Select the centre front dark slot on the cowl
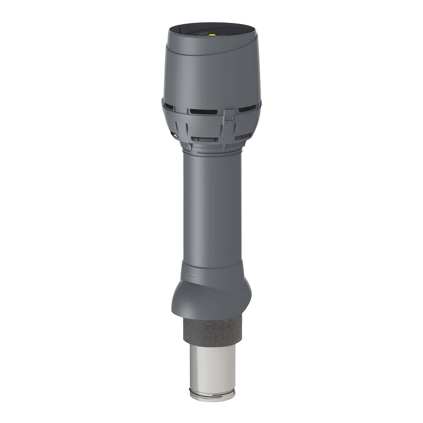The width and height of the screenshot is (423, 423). (203, 112)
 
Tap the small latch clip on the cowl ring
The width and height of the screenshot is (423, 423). (229, 115)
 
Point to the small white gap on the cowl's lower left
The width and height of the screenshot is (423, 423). (172, 135)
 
